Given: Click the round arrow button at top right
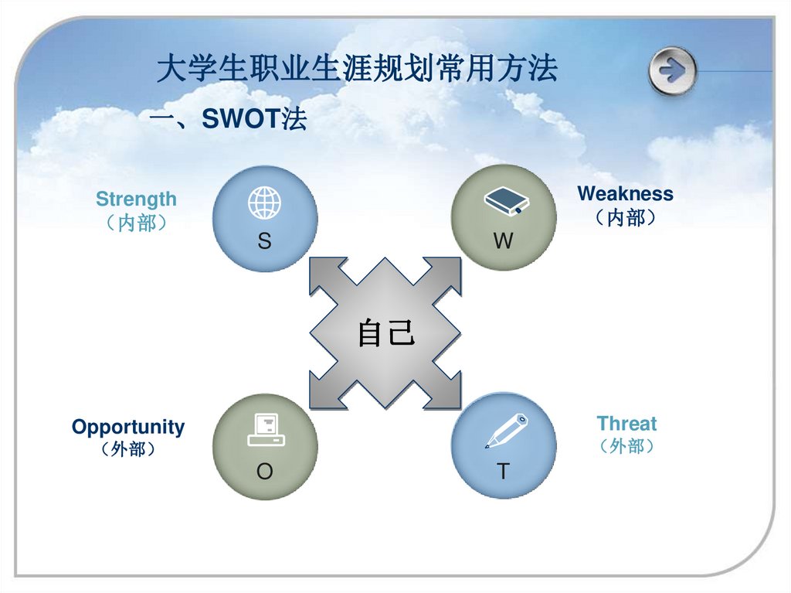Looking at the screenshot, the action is click(673, 71).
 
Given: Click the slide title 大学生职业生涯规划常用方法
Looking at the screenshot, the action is click(356, 70).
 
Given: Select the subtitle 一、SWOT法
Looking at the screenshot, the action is click(228, 120).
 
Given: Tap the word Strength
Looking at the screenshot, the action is click(136, 199).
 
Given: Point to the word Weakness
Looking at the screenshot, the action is click(625, 193).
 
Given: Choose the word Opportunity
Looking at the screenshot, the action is click(128, 427).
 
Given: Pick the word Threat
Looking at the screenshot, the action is click(626, 424).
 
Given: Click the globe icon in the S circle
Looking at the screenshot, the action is click(264, 204).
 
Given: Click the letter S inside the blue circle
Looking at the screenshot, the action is click(264, 242).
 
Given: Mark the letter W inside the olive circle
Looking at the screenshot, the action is click(503, 242).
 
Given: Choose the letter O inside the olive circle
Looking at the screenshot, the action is click(265, 472).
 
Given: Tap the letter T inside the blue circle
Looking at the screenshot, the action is click(503, 472).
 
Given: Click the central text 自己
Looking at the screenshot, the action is click(386, 334).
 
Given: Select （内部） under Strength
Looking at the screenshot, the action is click(136, 224).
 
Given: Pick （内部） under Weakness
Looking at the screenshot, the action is click(626, 218).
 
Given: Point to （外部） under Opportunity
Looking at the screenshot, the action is click(128, 449).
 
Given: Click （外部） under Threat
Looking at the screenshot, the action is click(626, 446).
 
